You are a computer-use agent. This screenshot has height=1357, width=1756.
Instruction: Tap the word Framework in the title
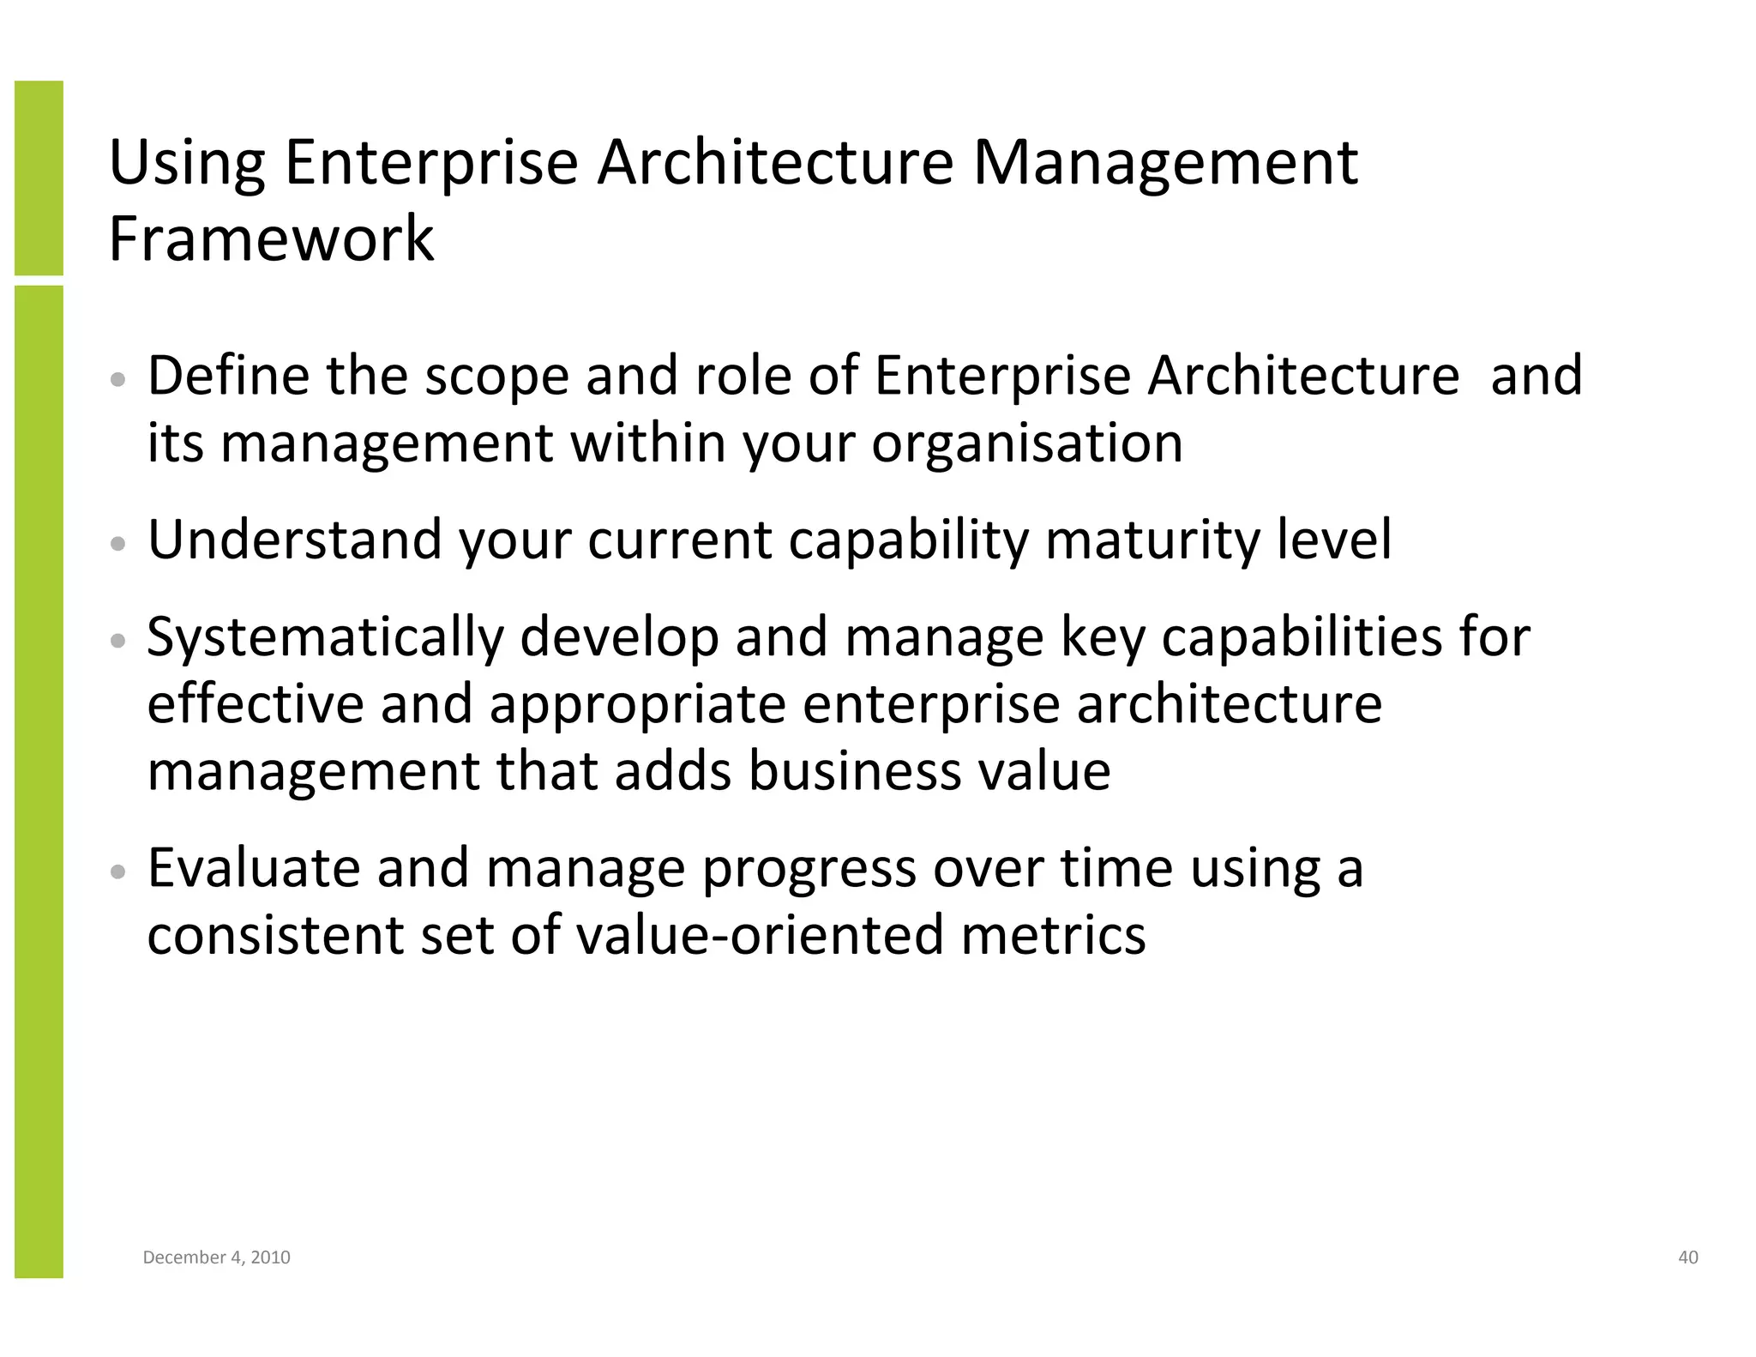tap(271, 238)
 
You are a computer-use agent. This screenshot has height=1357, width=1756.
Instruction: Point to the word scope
tap(497, 377)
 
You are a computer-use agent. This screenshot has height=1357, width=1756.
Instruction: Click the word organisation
tap(1027, 444)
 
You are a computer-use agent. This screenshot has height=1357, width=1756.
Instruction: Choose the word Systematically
tap(326, 638)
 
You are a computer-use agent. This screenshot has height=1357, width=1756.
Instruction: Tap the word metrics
tap(1053, 934)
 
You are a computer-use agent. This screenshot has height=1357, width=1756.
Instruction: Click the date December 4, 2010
tap(216, 1257)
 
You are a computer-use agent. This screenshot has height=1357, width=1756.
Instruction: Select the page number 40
tap(1687, 1257)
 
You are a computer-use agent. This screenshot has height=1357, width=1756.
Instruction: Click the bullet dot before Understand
tap(119, 544)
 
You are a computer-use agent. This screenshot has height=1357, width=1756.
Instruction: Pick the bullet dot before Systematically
tap(119, 641)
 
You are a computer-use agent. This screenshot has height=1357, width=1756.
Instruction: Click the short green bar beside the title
tap(39, 178)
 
